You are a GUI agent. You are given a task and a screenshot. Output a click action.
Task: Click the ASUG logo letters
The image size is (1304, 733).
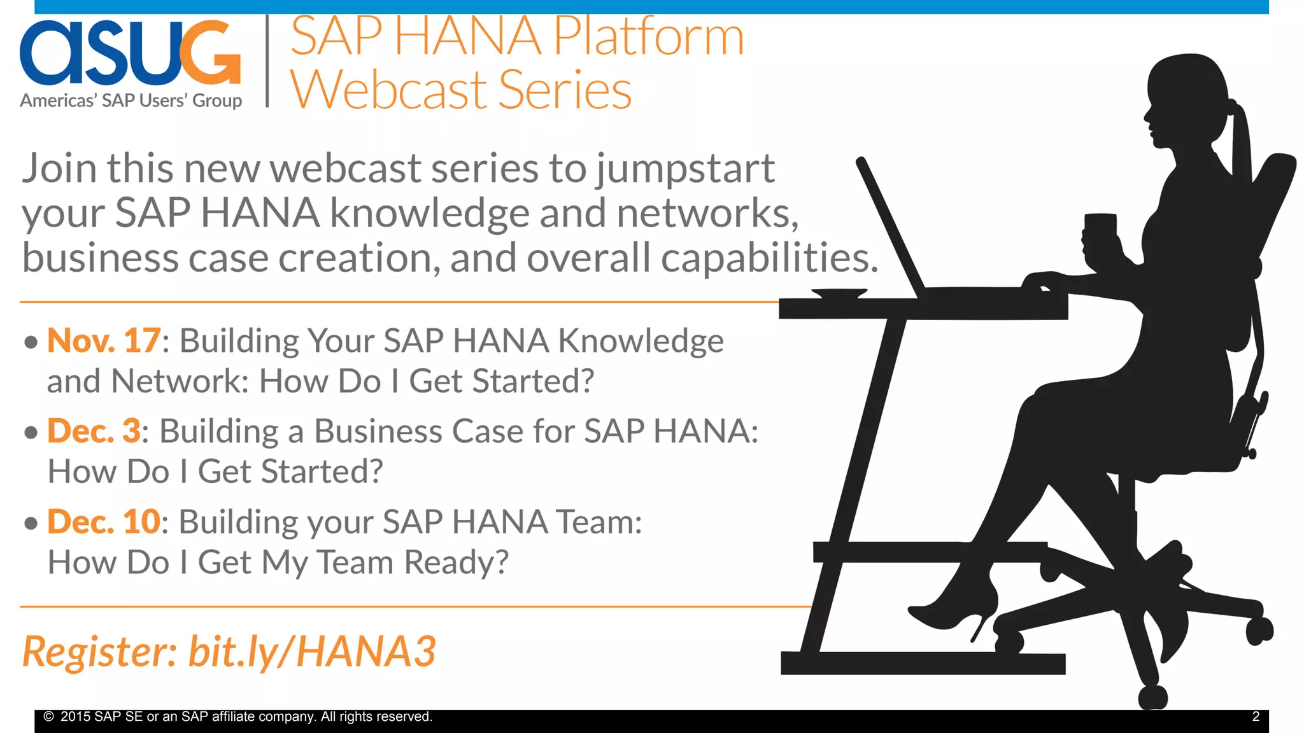point(130,53)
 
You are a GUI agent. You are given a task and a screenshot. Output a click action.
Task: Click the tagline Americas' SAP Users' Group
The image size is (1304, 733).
point(131,101)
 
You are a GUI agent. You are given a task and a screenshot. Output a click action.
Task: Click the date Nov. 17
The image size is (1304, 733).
point(104,340)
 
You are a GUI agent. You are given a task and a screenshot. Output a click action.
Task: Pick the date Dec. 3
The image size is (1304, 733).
point(94,431)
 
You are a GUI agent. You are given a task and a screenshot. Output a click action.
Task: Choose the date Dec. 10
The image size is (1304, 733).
point(104,522)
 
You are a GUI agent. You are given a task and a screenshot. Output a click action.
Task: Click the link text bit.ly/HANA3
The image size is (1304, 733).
point(312,652)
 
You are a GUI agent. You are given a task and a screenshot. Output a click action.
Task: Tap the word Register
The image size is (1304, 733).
point(99,652)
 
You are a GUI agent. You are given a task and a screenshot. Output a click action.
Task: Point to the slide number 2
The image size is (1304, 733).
point(1256,716)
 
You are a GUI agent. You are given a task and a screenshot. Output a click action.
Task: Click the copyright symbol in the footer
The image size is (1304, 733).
point(48,716)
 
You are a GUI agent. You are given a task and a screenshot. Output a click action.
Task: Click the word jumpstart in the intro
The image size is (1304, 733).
point(685,169)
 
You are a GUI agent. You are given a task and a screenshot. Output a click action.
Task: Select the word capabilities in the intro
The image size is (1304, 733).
point(769,258)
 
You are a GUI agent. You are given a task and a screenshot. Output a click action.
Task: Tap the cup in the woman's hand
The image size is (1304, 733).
point(1100,226)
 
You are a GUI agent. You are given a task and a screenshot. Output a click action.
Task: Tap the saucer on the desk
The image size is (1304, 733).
point(839,293)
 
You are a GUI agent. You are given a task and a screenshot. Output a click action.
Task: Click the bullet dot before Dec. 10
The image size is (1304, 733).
point(31,523)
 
